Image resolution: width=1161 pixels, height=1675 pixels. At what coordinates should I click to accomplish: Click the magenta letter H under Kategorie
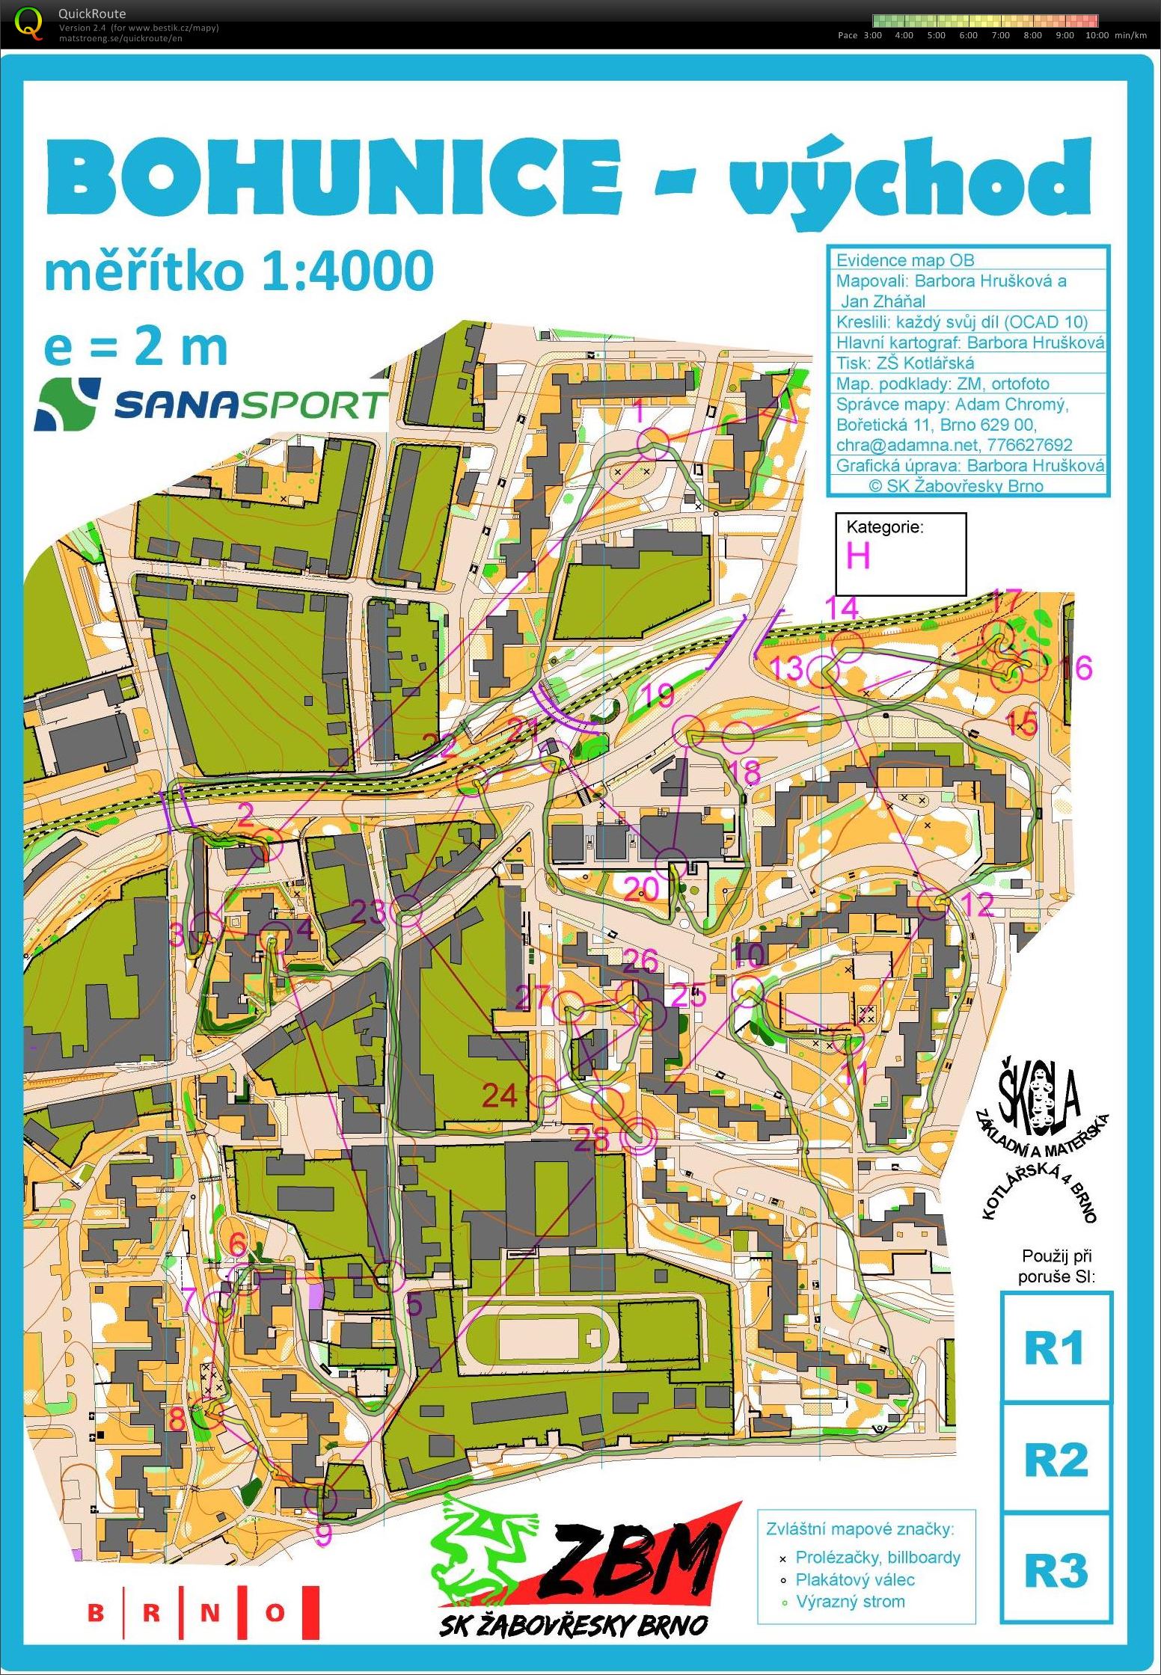858,556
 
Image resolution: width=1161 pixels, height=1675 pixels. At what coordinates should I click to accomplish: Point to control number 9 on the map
323,1533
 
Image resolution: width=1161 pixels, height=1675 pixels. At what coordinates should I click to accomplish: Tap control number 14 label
842,607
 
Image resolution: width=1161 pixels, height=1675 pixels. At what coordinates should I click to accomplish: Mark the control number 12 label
976,904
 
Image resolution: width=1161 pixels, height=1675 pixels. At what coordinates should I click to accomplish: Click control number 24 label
500,1095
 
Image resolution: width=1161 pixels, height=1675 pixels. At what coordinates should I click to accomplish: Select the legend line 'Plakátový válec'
854,1579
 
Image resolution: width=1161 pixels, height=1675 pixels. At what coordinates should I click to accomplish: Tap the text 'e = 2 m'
135,347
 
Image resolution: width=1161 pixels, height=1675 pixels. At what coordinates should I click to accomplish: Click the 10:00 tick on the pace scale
1097,35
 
